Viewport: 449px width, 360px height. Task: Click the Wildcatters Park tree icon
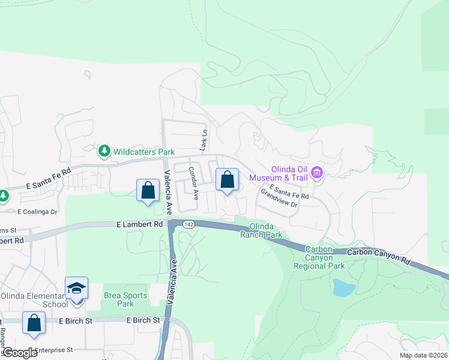(x=104, y=151)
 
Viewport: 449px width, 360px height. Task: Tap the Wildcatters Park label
(x=140, y=151)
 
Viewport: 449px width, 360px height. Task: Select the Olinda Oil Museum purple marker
(x=316, y=173)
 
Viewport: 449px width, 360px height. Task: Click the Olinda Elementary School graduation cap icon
(x=76, y=289)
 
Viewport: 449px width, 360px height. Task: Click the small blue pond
(x=343, y=287)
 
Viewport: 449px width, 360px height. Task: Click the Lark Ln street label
(x=204, y=140)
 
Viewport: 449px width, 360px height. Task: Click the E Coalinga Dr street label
(x=37, y=211)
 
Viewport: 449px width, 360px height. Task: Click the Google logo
(x=19, y=353)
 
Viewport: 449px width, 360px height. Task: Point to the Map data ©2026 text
(x=423, y=355)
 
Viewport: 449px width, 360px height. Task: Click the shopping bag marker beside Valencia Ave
(x=148, y=191)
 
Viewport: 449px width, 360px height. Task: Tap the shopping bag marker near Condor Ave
(x=227, y=179)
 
